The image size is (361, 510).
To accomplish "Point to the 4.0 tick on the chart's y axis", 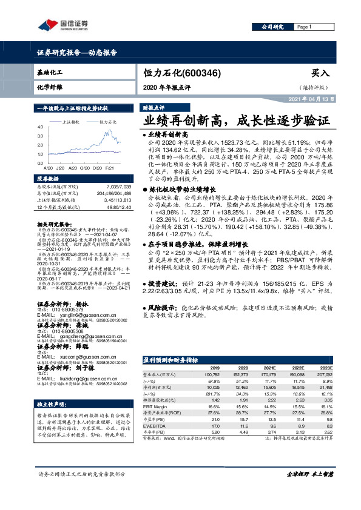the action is (x=39, y=127).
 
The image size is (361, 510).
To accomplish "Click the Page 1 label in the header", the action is (x=304, y=28).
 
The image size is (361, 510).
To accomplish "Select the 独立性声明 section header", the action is (x=55, y=403).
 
